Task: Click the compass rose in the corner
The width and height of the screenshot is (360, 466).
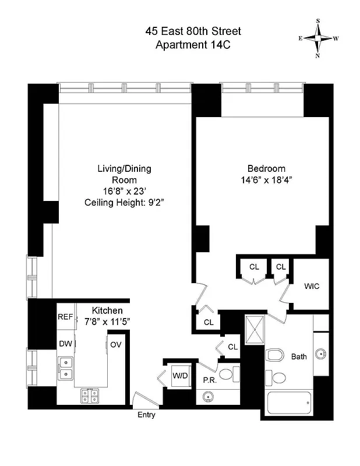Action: point(319,38)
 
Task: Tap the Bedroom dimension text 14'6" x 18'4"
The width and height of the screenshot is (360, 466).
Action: point(263,180)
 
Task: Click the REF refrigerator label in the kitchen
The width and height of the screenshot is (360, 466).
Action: point(65,317)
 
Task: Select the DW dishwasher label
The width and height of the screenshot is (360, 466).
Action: point(65,344)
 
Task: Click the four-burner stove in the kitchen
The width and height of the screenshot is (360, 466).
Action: point(89,396)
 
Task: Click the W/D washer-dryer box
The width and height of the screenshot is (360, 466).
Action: point(180,376)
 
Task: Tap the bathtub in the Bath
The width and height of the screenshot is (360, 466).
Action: point(289,403)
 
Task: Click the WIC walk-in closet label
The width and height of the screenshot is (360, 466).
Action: point(312,287)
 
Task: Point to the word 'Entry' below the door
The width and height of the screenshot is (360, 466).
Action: point(146,415)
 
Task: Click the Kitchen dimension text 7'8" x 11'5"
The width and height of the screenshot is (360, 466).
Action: point(100,321)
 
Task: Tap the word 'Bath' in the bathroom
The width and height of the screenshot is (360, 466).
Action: point(299,356)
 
